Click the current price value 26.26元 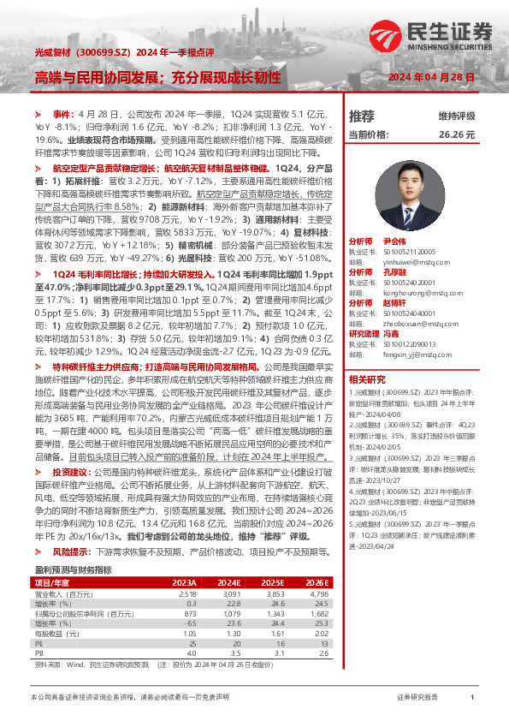tap(456, 135)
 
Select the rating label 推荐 tap(362, 116)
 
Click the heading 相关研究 tap(367, 379)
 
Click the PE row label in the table tap(38, 618)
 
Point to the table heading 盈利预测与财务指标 tap(73, 545)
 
